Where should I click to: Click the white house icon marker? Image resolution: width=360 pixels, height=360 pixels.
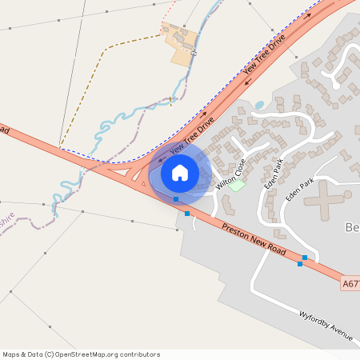point(180,172)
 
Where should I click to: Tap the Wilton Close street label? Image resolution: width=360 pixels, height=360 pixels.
point(231,175)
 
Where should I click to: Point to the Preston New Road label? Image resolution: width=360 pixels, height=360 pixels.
point(254,240)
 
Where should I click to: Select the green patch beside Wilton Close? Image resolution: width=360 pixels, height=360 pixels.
point(236,186)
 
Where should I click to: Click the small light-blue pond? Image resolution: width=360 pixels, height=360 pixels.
point(259,105)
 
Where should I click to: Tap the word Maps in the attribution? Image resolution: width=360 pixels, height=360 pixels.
point(12,354)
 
